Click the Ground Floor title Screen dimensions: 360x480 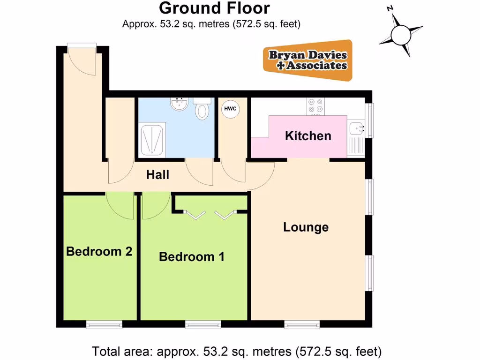pyautogui.click(x=214, y=8)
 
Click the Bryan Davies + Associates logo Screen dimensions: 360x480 pyautogui.click(x=308, y=60)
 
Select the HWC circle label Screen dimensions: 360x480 pyautogui.click(x=230, y=109)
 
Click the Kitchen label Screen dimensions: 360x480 pyautogui.click(x=308, y=136)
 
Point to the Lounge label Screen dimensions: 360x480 pyautogui.click(x=306, y=227)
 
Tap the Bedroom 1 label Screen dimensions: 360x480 pyautogui.click(x=191, y=257)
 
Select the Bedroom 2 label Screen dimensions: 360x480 pyautogui.click(x=99, y=251)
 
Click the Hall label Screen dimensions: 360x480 pyautogui.click(x=157, y=175)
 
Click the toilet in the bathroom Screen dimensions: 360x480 pyautogui.click(x=202, y=109)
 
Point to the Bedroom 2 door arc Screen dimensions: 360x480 pyautogui.click(x=120, y=205)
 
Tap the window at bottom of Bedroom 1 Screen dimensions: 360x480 pyautogui.click(x=203, y=324)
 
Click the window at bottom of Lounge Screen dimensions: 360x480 pyautogui.click(x=301, y=324)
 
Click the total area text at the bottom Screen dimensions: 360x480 pyautogui.click(x=237, y=351)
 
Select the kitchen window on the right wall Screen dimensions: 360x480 pyautogui.click(x=369, y=120)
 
